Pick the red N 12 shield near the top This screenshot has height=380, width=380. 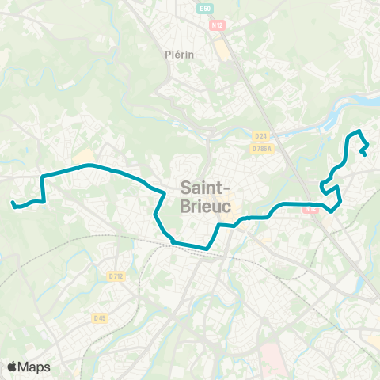click(217, 25)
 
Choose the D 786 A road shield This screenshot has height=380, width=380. click(261, 148)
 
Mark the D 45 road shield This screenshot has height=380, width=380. click(99, 317)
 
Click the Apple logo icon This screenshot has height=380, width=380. click(13, 367)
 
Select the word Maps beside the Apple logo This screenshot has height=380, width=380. click(35, 367)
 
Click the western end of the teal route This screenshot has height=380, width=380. click(13, 204)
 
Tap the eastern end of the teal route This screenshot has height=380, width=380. click(363, 154)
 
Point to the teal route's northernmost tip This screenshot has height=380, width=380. click(359, 130)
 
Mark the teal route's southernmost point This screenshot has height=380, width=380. click(206, 248)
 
